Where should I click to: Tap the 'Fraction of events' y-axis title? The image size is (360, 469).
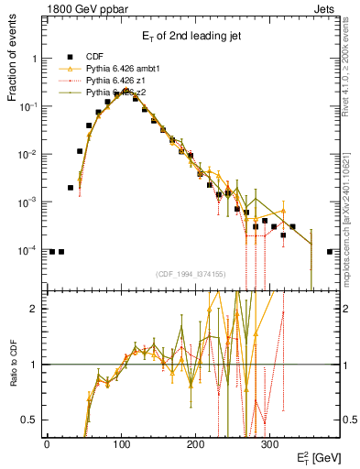tap(13, 72)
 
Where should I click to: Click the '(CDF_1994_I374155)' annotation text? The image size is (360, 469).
tap(191, 273)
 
